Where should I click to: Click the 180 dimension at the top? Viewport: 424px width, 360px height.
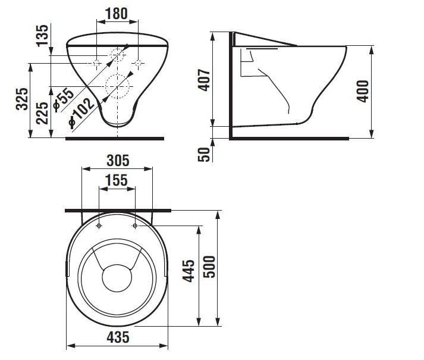click(x=117, y=14)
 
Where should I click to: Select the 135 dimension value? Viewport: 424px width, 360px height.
click(x=42, y=36)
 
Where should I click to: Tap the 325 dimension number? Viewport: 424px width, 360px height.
click(x=22, y=99)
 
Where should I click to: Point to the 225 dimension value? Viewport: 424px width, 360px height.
click(x=42, y=113)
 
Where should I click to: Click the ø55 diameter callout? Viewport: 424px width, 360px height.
click(x=64, y=99)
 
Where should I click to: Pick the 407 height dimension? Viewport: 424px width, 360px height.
click(x=204, y=80)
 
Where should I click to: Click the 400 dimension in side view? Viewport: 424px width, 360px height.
click(x=363, y=91)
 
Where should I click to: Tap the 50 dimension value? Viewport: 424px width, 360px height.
click(x=204, y=154)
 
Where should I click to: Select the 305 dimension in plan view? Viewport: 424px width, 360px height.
click(x=118, y=161)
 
